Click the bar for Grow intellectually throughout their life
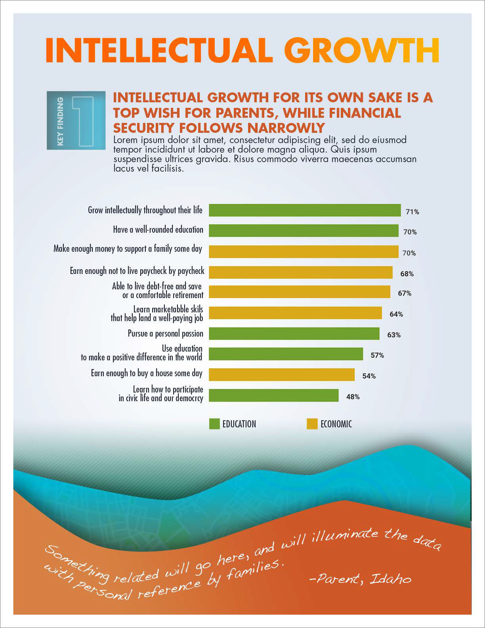[x=305, y=210]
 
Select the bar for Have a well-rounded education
[x=304, y=230]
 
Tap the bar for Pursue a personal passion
[x=294, y=333]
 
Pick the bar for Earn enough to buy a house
[x=282, y=375]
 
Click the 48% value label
[x=353, y=396]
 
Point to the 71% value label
[x=412, y=212]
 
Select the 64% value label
[x=396, y=314]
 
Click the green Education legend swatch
[x=214, y=424]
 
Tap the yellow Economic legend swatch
[x=312, y=424]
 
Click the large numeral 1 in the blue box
[x=83, y=121]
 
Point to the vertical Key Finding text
[x=60, y=121]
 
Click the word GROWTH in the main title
[x=361, y=50]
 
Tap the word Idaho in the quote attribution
[x=390, y=579]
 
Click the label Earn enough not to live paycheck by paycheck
[x=137, y=271]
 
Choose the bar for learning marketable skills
[x=295, y=313]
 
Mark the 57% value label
[x=377, y=355]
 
